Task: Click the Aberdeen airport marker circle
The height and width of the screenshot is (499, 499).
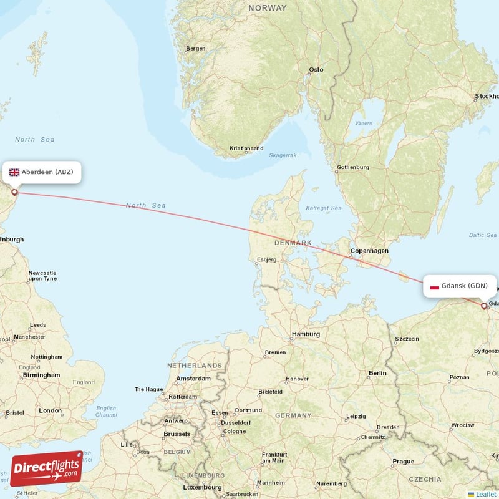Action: coord(14,192)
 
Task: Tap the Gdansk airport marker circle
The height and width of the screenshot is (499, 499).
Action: coord(484,306)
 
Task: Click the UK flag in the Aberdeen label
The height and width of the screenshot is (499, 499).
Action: coord(14,172)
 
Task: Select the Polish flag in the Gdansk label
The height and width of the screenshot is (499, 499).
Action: coord(434,286)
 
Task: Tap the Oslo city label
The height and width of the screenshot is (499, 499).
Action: coord(316,70)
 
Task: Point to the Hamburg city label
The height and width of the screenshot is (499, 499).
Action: coord(306,334)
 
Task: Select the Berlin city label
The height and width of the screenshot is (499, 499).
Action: coord(377,373)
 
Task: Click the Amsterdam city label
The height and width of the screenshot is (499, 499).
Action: coord(193,379)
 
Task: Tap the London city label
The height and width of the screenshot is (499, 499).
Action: coord(50,410)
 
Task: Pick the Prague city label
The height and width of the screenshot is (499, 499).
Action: coord(403,462)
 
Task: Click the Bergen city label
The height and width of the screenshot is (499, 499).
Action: coord(195,49)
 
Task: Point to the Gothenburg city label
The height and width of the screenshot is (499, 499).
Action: coord(353,167)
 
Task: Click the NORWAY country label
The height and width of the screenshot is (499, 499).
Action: coord(267,8)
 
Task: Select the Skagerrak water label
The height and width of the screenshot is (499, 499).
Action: coord(282,155)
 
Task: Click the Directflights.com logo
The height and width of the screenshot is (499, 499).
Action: coord(47,468)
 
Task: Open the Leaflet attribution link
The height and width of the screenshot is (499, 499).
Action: coord(485,494)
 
